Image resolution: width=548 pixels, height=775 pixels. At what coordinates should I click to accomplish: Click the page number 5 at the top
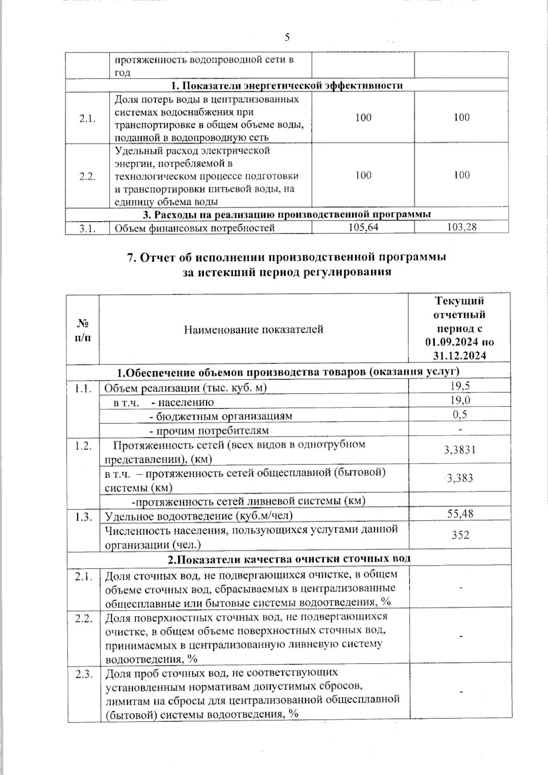(x=287, y=37)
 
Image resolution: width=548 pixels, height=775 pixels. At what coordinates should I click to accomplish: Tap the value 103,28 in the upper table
(x=462, y=227)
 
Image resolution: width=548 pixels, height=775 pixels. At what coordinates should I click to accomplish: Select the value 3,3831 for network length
(x=459, y=450)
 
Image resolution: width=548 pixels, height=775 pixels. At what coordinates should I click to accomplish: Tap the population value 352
(x=460, y=535)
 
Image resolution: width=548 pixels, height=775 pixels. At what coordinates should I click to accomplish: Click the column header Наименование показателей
(x=253, y=329)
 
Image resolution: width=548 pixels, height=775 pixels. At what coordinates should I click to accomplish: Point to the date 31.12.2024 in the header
(x=459, y=356)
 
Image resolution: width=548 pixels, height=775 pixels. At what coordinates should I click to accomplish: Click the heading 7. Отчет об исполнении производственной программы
(x=286, y=257)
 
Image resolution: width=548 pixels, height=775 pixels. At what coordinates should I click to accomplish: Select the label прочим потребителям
(x=212, y=431)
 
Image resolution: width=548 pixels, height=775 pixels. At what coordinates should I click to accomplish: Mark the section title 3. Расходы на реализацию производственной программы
(x=287, y=214)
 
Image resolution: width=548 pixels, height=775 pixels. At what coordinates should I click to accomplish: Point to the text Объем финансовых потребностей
(x=195, y=228)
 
